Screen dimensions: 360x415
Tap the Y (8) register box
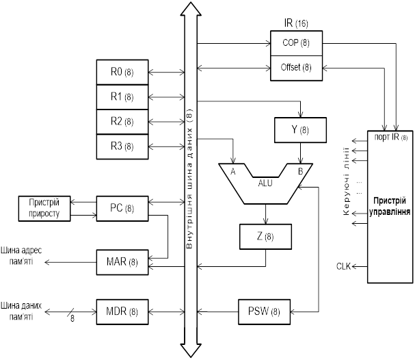pyautogui.click(x=299, y=129)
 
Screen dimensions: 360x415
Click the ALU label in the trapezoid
pyautogui.click(x=265, y=183)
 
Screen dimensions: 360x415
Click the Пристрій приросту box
pyautogui.click(x=45, y=208)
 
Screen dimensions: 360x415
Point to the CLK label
pyautogui.click(x=344, y=266)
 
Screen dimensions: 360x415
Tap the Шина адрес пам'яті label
pyautogui.click(x=22, y=256)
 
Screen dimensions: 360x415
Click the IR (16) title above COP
pyautogui.click(x=295, y=23)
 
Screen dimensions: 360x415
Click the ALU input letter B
pyautogui.click(x=299, y=172)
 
